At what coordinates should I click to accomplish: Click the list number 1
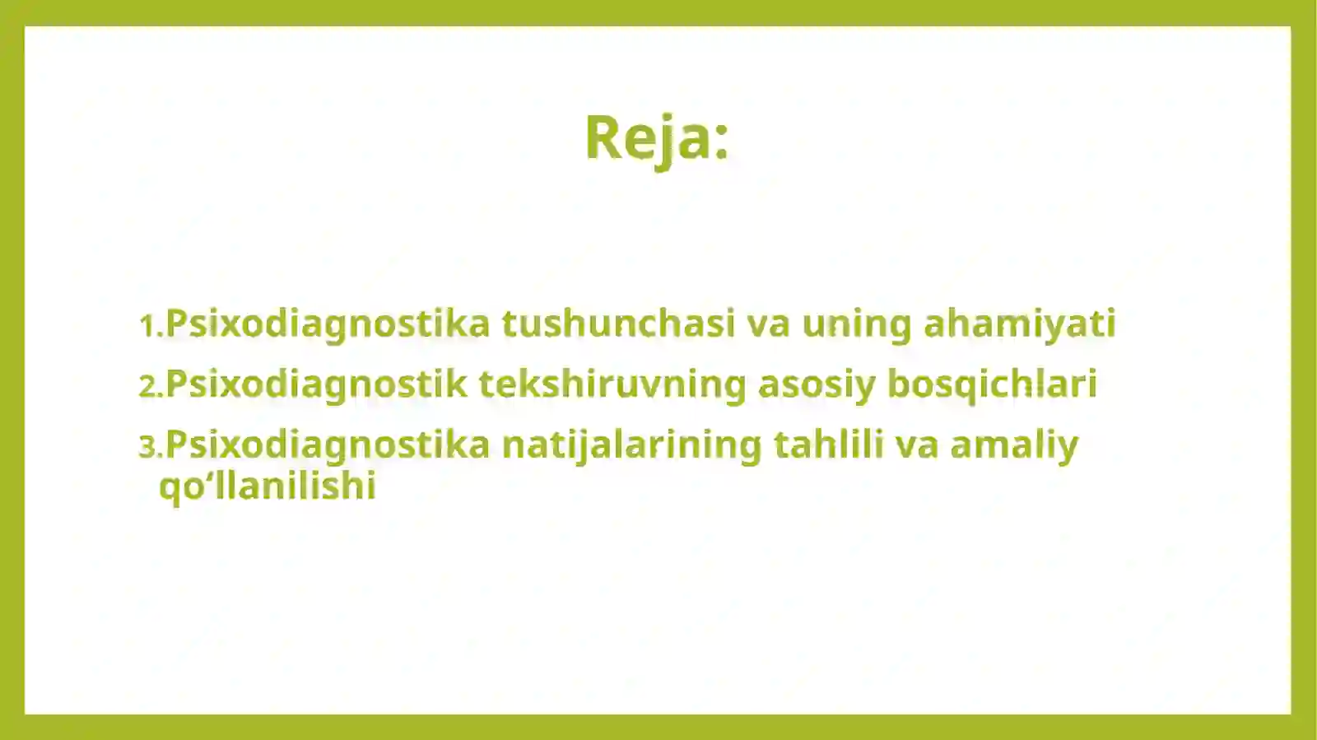[x=151, y=325]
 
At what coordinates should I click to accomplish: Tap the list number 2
[x=151, y=386]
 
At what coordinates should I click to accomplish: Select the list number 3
[x=151, y=447]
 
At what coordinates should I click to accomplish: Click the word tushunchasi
[x=618, y=323]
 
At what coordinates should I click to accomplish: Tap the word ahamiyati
[x=1019, y=323]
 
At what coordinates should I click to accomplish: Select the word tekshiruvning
[x=612, y=384]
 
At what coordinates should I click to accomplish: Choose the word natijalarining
[x=631, y=445]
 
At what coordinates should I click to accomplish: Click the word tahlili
[x=828, y=444]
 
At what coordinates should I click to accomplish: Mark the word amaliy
[x=1013, y=445]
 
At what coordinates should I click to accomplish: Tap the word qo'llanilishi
[x=268, y=486]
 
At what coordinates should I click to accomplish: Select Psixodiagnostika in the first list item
[x=328, y=323]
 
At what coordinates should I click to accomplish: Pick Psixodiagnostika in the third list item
[x=328, y=445]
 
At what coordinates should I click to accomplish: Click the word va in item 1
[x=768, y=323]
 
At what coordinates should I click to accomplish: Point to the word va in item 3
[x=916, y=445]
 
